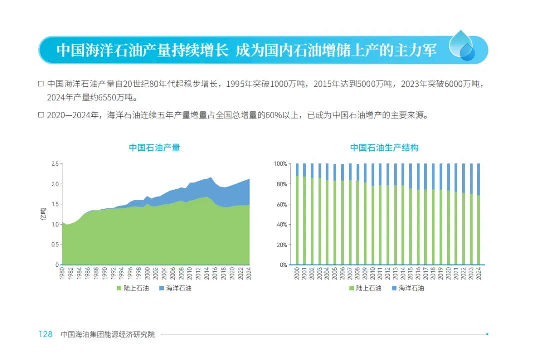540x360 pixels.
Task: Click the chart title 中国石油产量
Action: [154, 148]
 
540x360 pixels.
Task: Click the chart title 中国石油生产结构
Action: [384, 148]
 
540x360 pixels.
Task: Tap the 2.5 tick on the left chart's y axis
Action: [55, 164]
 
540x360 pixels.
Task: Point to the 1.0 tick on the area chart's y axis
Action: [55, 224]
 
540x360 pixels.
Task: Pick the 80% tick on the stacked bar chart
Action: [280, 184]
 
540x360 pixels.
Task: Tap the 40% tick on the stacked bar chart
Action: [280, 224]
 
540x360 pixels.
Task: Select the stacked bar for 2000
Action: [297, 214]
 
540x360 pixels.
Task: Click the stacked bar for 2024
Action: [478, 214]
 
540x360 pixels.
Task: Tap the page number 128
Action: [46, 334]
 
